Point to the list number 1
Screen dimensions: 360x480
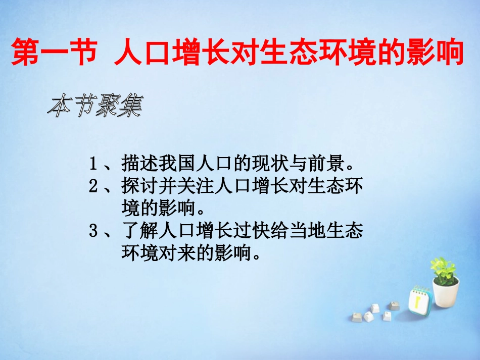93,164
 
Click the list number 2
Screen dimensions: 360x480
93,186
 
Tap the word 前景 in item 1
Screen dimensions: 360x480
326,164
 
